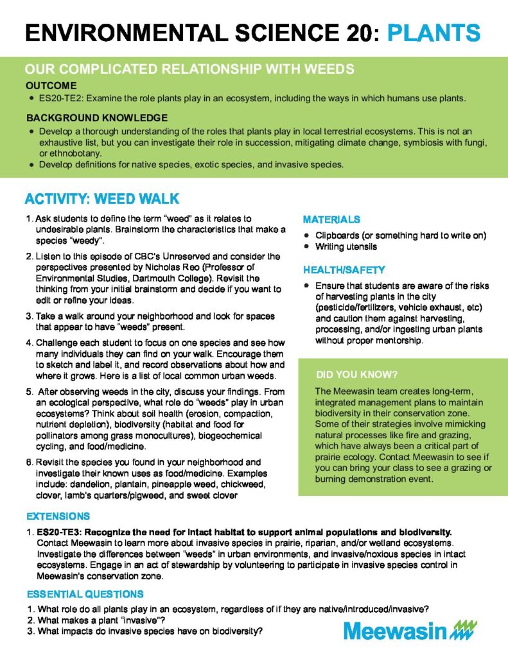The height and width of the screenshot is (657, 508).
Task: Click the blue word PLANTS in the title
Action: point(434,32)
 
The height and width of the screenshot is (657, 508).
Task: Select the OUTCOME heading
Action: point(51,85)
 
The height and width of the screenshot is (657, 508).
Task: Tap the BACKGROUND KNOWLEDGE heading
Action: point(97,118)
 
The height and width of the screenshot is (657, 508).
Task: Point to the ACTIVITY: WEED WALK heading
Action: point(101,198)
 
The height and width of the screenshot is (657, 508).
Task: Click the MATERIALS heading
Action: point(331,219)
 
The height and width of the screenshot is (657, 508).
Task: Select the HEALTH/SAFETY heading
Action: point(344,270)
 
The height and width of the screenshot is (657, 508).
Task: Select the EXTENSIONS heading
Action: point(58,516)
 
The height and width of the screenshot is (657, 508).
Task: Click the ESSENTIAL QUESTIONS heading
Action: point(85,594)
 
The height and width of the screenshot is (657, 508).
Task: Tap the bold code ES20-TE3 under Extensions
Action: point(60,532)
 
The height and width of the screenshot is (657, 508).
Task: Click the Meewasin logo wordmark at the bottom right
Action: point(394,631)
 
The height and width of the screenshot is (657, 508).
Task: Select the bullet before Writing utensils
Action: point(308,246)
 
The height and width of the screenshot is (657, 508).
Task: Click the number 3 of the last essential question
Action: point(30,631)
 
